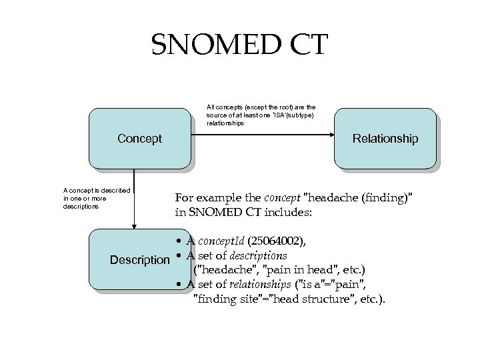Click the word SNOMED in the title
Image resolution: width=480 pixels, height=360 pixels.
coord(212,45)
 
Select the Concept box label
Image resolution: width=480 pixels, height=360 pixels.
coord(139,139)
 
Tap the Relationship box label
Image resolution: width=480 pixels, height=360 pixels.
coord(385,139)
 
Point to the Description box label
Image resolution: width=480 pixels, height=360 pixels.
coord(140,259)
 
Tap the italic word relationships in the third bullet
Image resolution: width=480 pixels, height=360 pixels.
coord(267,285)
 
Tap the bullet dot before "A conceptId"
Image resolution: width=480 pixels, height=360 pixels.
coord(180,241)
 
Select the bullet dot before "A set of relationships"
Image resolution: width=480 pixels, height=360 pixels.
coord(180,285)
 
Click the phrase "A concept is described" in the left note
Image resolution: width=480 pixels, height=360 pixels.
coord(96,191)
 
